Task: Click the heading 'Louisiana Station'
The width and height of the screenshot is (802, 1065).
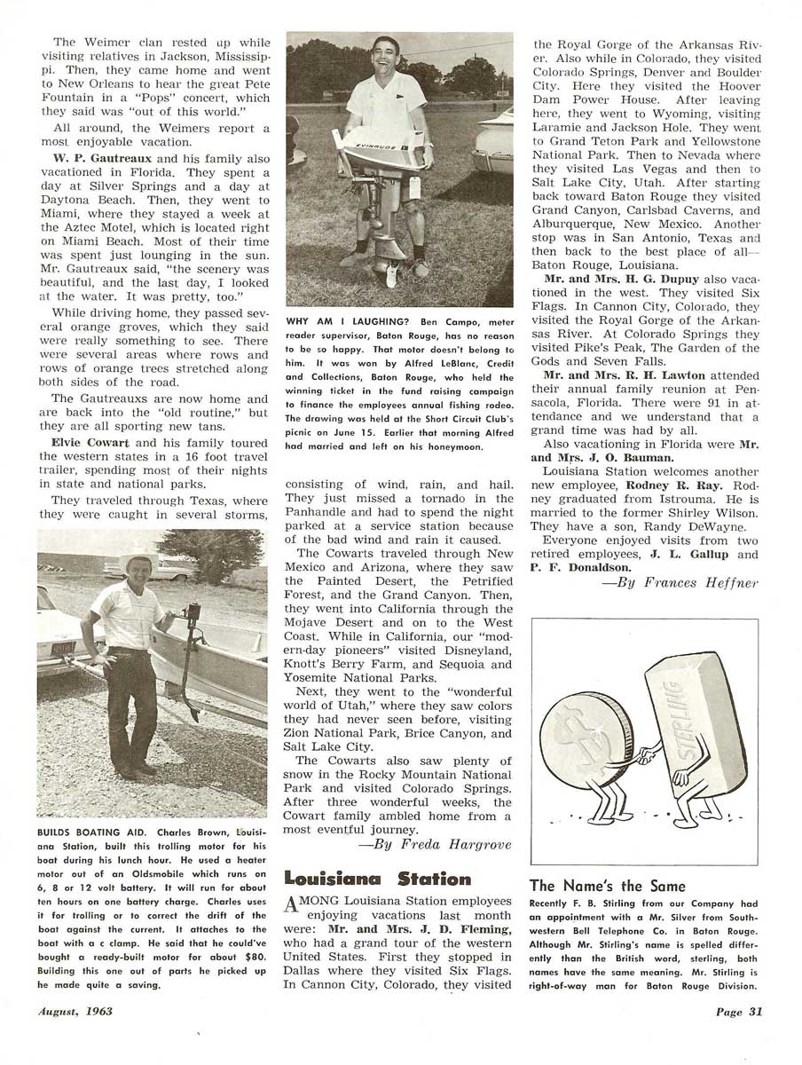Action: [x=377, y=879]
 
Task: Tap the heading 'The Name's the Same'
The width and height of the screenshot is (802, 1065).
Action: [x=607, y=886]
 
